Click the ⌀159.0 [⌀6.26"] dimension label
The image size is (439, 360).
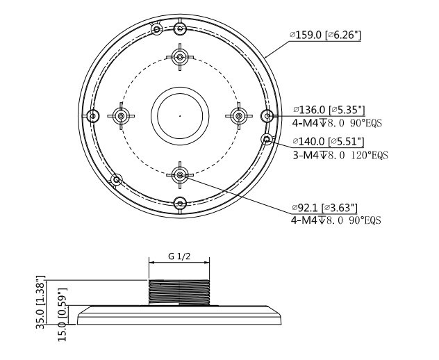pos(325,35)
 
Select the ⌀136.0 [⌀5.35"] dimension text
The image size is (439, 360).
pos(329,110)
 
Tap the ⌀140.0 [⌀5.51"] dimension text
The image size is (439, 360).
pos(329,142)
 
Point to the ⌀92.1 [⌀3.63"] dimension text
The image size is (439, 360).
pos(324,208)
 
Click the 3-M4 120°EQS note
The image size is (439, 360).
pos(340,155)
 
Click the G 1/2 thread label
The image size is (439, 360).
pos(179,256)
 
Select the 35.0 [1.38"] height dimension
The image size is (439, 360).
pos(41,302)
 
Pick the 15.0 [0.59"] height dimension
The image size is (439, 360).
pos(63,314)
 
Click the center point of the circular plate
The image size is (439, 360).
pos(180,115)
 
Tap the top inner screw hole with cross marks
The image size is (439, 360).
pos(180,57)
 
